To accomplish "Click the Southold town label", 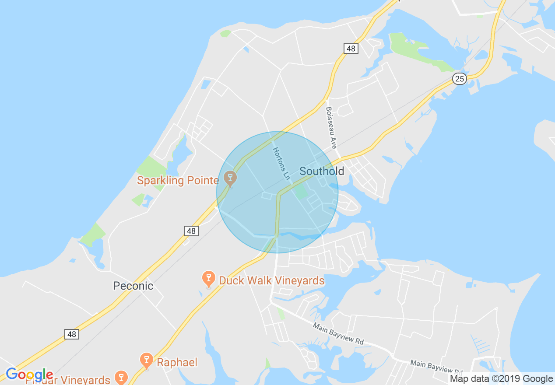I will (322, 171).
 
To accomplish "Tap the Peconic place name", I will (133, 286).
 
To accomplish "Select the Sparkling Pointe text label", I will (178, 180).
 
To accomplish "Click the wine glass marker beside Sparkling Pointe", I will (230, 178).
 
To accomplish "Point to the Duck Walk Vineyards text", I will (271, 280).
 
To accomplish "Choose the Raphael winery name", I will (177, 362).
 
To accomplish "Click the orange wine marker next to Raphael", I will (146, 360).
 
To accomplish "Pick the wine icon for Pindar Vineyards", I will (121, 377).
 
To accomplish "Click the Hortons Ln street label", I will (281, 164).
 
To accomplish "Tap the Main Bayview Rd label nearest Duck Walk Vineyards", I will (338, 333).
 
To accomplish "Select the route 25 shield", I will (460, 78).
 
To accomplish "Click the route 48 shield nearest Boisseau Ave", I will (351, 49).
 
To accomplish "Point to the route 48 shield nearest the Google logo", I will (72, 334).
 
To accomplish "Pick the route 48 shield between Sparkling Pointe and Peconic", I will (191, 231).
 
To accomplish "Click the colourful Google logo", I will (29, 375).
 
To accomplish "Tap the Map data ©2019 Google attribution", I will (501, 379).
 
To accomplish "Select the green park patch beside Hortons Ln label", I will (301, 192).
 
